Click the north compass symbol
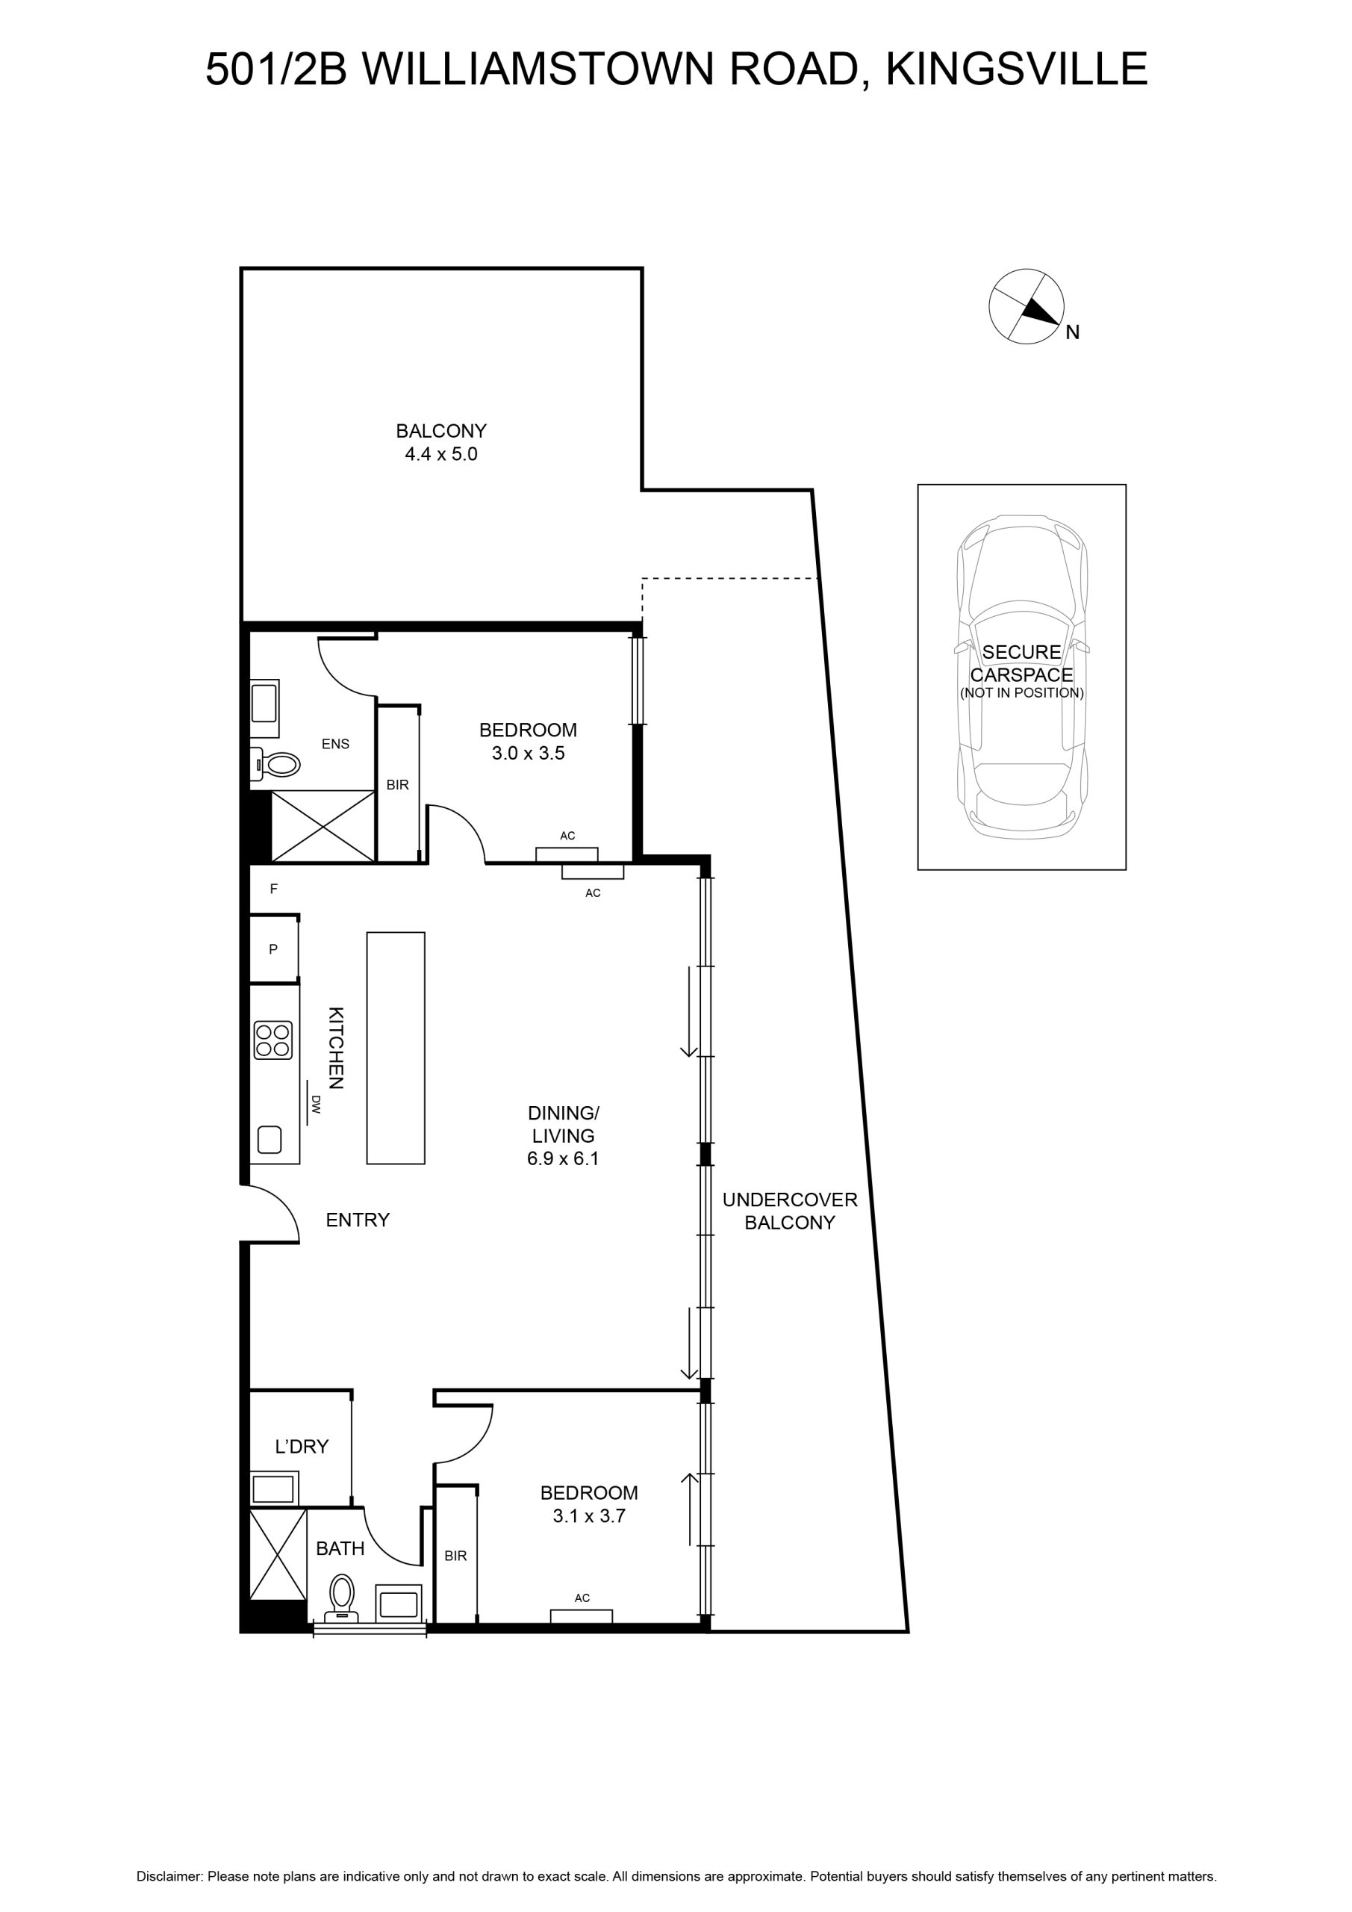pos(1026,305)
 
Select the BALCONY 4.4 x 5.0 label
pos(440,442)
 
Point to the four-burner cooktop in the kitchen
pos(273,1040)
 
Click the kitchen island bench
pos(396,1048)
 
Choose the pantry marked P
pos(274,949)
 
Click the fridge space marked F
pos(273,890)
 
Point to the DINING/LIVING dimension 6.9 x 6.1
pos(563,1158)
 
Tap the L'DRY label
pos(302,1447)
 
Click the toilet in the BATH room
pos(341,1598)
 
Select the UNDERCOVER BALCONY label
pos(789,1211)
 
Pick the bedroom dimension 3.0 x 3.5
pos(528,753)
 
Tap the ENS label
pos(335,744)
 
